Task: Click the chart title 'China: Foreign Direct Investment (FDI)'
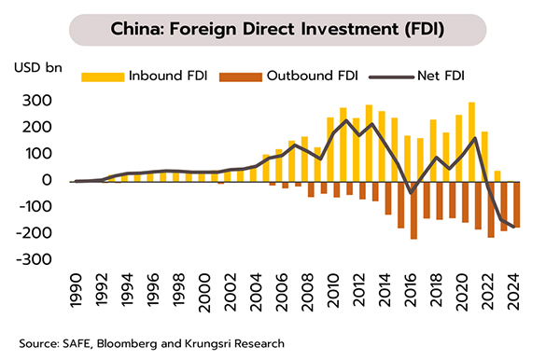277,29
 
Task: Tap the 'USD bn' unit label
38,67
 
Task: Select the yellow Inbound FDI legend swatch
103,76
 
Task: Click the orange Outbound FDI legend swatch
241,76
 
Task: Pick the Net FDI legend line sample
392,77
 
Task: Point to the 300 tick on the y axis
36,101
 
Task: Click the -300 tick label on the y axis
34,259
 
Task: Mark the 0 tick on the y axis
47,180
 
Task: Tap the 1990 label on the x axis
76,290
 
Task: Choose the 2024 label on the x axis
513,292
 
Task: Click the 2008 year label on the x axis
307,292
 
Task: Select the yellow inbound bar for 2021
471,142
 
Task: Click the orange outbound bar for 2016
413,211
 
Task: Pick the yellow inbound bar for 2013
369,144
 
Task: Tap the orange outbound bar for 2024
517,205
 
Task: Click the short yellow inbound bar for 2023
497,176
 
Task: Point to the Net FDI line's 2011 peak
345,120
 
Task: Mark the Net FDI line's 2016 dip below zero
411,193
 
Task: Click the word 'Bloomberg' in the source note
127,344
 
